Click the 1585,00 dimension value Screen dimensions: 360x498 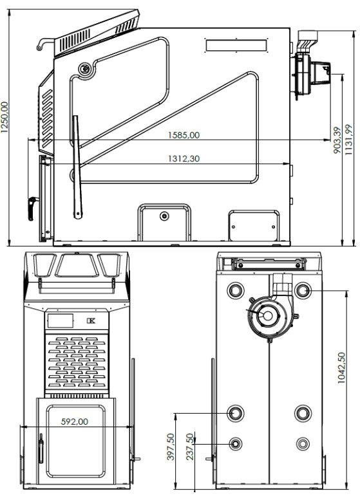click(184, 135)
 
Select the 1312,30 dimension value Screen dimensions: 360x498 click(184, 158)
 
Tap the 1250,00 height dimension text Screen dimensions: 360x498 click(5, 117)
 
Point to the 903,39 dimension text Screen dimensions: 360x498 click(337, 140)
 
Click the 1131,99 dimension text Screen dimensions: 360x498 click(349, 140)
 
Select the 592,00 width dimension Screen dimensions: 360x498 click(75, 421)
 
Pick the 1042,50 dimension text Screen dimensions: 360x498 click(341, 367)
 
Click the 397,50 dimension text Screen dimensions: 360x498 click(171, 447)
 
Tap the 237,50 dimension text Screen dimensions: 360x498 click(189, 447)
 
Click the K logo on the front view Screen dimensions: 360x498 click(91, 321)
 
